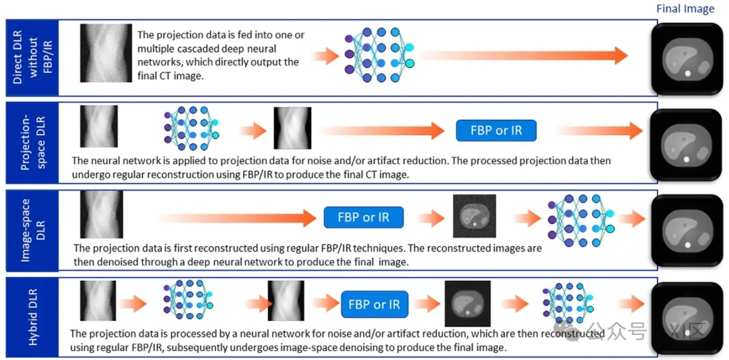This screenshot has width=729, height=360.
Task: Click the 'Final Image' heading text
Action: tap(684, 9)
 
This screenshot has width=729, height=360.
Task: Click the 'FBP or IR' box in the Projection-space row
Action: tap(496, 130)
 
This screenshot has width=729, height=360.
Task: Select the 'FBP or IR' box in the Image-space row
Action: tap(364, 217)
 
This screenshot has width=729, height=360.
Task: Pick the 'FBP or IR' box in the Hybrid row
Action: tap(374, 305)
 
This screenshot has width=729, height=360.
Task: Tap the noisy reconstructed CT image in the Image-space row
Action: tap(474, 216)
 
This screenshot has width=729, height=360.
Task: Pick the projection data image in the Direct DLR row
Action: tap(105, 53)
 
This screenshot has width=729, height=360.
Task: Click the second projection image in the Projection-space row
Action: tap(292, 128)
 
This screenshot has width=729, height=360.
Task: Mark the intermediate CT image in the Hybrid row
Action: tap(467, 304)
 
